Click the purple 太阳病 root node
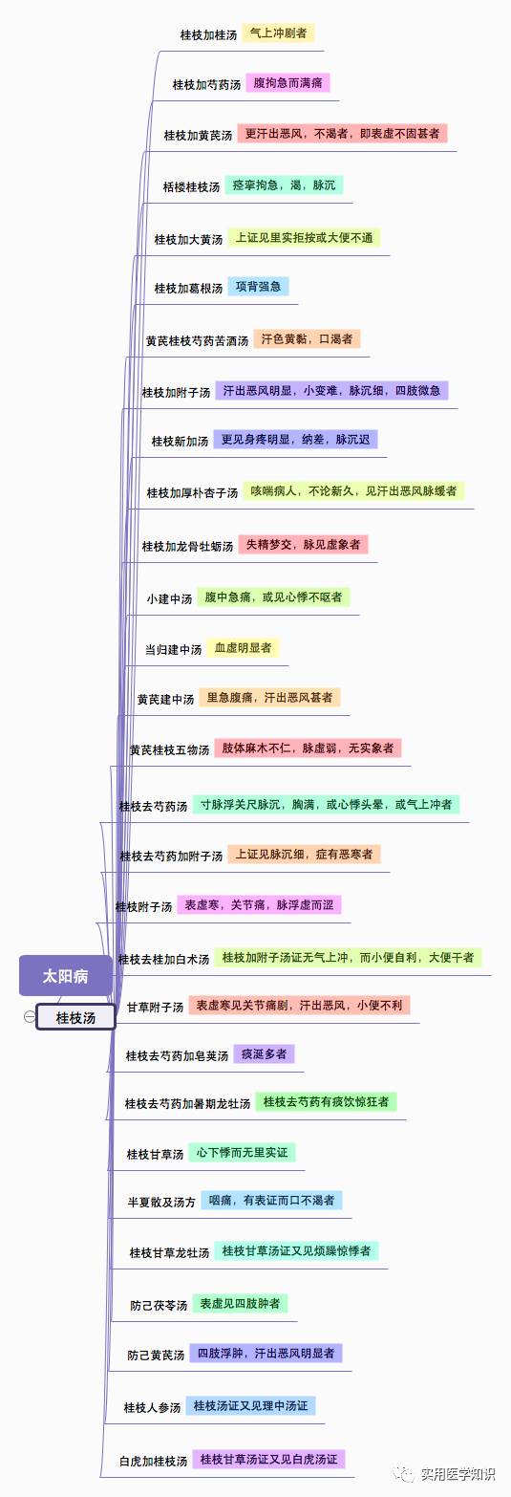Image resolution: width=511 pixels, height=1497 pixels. tap(66, 976)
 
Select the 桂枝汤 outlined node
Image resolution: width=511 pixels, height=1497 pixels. tap(75, 1017)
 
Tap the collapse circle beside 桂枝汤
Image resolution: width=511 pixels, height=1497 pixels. tap(30, 1016)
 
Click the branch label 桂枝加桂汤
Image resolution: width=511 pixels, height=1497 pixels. tap(208, 34)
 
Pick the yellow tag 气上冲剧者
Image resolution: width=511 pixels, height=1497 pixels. tap(278, 33)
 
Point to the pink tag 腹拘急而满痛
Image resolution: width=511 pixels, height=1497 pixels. tap(287, 83)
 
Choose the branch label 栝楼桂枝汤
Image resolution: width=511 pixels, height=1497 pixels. tap(192, 187)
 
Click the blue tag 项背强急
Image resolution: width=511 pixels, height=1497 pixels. tap(258, 286)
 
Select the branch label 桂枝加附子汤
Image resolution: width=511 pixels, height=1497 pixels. tap(176, 392)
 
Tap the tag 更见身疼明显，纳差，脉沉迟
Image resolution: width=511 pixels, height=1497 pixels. tap(295, 439)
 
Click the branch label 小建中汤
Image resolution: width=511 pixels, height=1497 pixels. tap(170, 598)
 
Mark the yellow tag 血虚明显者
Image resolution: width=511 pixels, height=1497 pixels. tap(243, 647)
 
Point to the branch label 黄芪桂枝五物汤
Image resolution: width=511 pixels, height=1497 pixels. tap(170, 749)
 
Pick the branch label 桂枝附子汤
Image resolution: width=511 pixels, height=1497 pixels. tap(143, 907)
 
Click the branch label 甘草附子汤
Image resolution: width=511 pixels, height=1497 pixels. tap(155, 1008)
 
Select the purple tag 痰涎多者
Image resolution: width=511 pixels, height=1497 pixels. tap(264, 1053)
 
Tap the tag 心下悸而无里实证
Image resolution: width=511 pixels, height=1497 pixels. tap(242, 1152)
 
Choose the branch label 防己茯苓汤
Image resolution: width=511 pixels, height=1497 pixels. tap(159, 1305)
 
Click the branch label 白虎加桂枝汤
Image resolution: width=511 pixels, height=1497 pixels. tap(154, 1461)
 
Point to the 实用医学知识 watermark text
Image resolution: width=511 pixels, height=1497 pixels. tap(458, 1474)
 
